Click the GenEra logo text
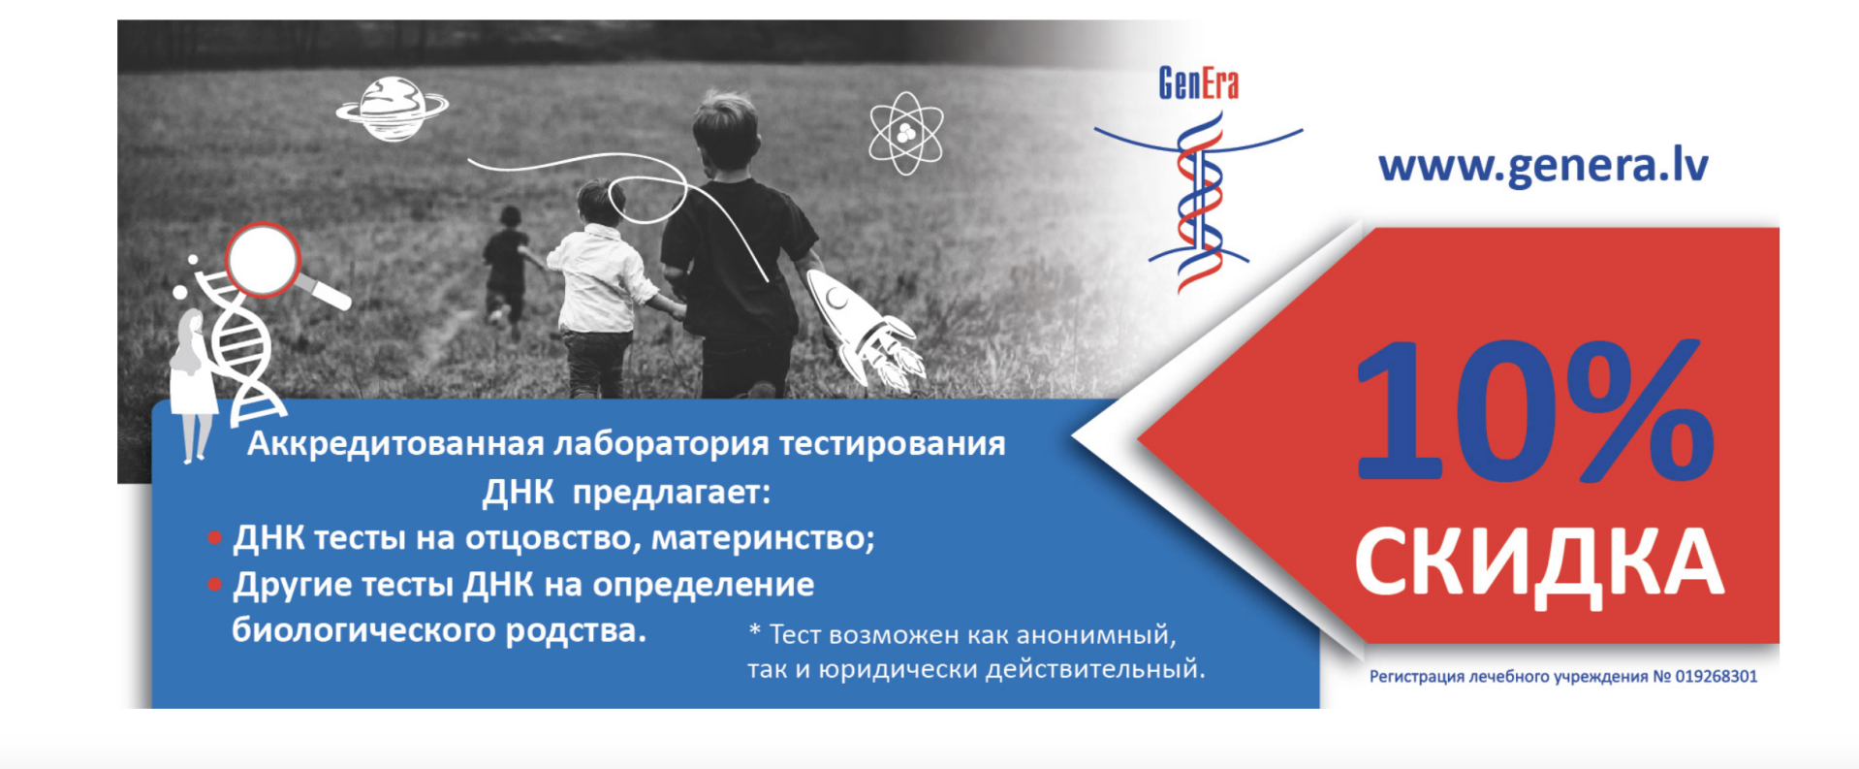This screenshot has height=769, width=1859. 1198,83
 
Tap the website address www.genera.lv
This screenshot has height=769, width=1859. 1543,165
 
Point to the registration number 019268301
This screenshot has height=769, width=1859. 1716,677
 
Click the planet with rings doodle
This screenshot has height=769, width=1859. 392,109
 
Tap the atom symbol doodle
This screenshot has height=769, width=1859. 905,133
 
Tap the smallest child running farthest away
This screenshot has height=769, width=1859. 505,262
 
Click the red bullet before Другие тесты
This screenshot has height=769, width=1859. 214,585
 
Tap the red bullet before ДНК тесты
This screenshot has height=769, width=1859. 214,538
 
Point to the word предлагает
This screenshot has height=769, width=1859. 671,493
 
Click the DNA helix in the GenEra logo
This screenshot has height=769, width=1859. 1200,204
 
